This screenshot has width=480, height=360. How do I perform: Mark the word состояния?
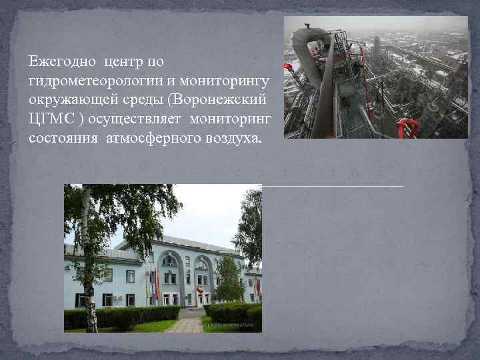click(x=64, y=139)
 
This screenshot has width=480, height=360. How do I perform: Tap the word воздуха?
click(x=234, y=139)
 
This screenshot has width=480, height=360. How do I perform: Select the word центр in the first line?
click(x=123, y=62)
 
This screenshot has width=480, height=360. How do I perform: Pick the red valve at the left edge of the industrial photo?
click(x=288, y=67)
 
